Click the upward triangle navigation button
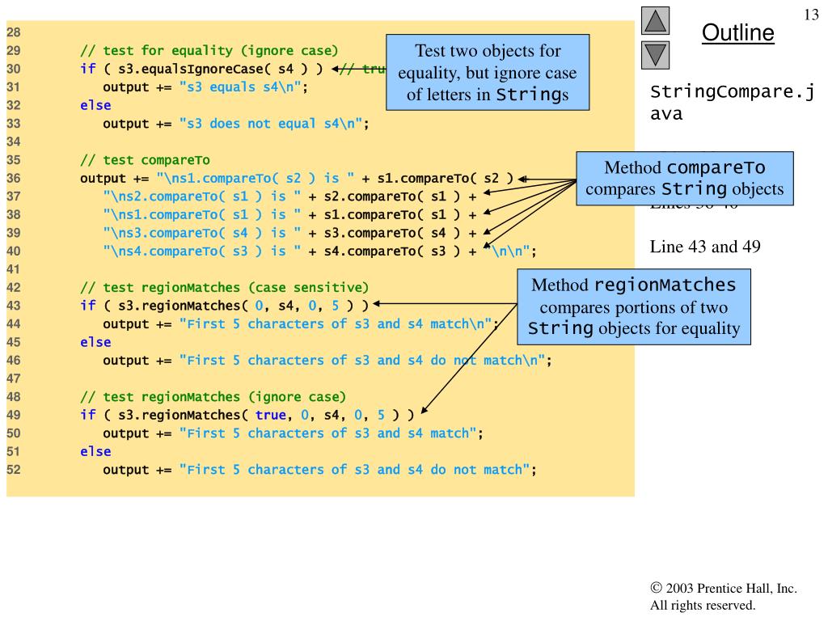655,21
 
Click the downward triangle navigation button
655,55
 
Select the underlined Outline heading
737,33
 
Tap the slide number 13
811,15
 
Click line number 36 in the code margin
14,179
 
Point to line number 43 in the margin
14,306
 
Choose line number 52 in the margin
14,470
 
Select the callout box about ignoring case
488,73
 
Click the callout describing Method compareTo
684,179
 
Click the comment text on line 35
145,160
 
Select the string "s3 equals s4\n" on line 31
240,87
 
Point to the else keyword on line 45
95,342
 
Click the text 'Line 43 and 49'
705,247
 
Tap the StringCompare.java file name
731,102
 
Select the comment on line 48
213,397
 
